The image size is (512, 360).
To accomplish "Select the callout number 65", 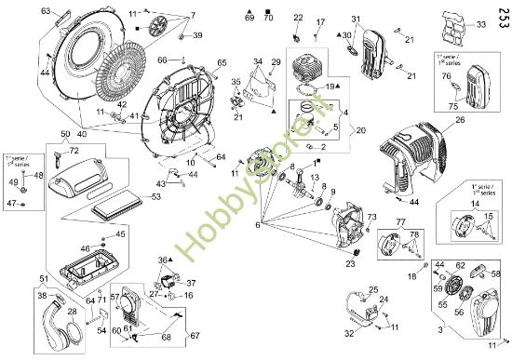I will point(222,62).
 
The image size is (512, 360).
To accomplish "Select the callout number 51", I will point(44,278).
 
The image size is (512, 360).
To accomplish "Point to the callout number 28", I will point(73,311).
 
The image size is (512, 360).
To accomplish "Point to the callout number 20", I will point(361,129).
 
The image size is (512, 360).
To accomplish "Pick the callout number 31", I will point(355,20).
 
